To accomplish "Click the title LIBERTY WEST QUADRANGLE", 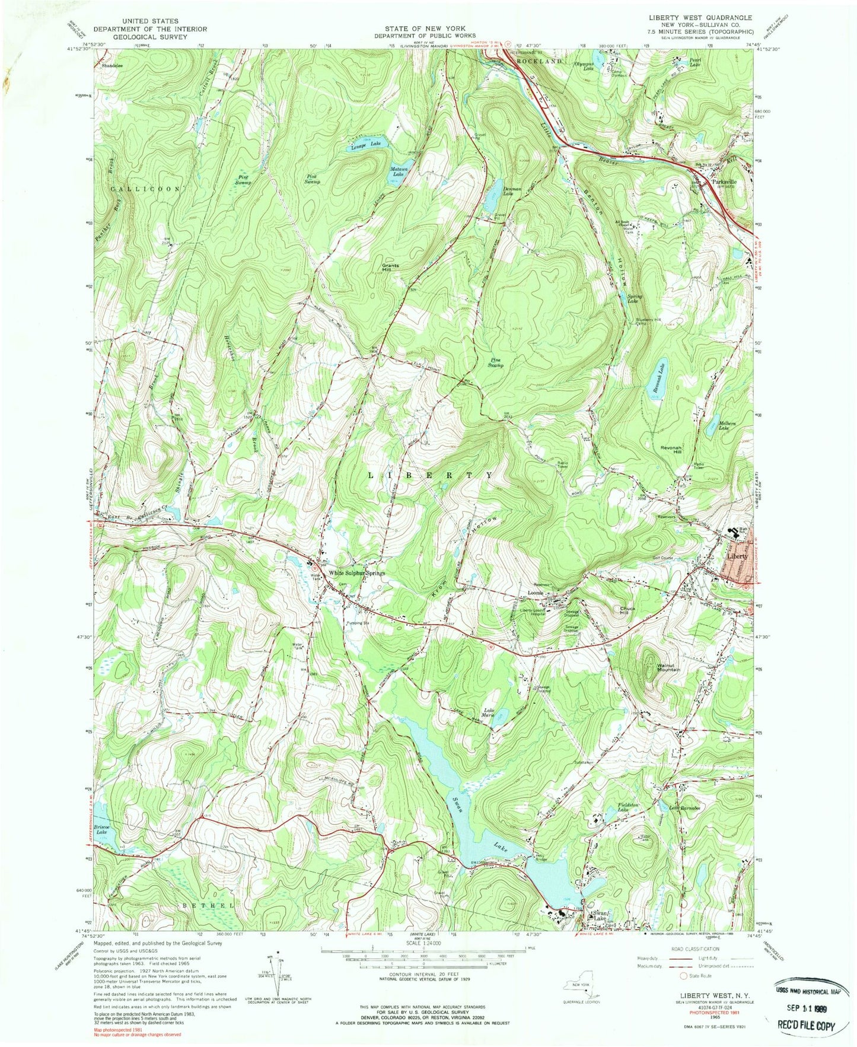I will coord(700,18).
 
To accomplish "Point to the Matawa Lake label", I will coord(397,172).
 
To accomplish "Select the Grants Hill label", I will coord(390,267).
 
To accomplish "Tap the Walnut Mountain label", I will coord(667,667).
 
